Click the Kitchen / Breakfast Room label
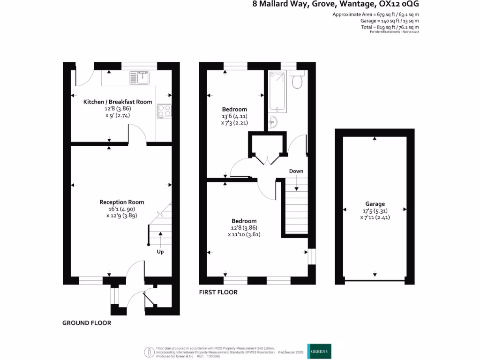tap(118, 102)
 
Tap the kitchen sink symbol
tap(139, 77)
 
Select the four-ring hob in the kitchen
tap(164, 111)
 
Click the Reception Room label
tap(121, 202)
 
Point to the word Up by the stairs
tap(160, 252)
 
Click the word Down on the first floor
tap(296, 171)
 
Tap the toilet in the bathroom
tap(297, 81)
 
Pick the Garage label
tap(375, 204)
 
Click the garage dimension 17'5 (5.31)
tap(375, 210)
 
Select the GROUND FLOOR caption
tap(87, 323)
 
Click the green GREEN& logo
tap(319, 351)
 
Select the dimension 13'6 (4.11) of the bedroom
tap(234, 116)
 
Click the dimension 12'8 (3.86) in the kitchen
tap(118, 109)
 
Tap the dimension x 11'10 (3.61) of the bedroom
tap(244, 234)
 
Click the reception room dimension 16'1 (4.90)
tap(121, 209)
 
